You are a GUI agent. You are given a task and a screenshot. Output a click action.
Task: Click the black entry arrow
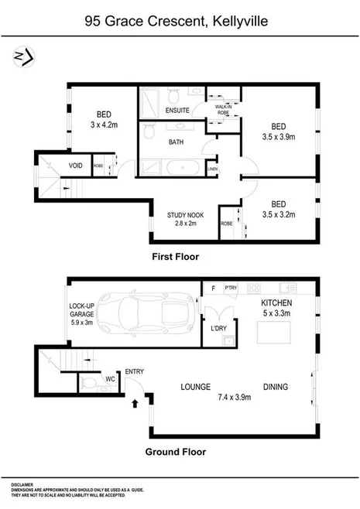click(136, 401)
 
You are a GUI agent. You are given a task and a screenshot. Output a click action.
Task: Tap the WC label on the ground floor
click(110, 380)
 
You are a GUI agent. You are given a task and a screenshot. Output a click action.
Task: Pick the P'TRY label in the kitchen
click(230, 288)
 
